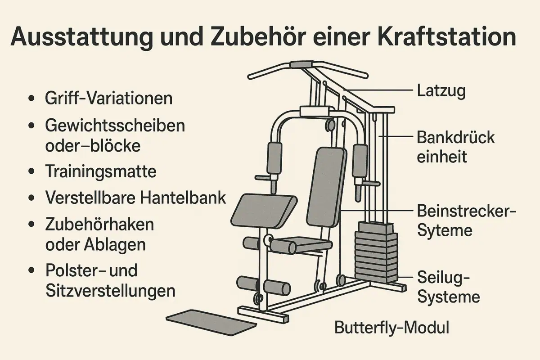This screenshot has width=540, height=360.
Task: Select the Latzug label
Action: [441, 91]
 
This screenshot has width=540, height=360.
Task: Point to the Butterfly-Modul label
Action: [391, 328]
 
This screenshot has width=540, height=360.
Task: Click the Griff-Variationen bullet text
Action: [108, 98]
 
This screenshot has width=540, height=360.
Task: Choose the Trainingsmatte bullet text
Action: [101, 171]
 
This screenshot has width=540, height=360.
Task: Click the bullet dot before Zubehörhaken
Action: [31, 224]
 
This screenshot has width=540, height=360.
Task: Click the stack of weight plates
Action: [376, 252]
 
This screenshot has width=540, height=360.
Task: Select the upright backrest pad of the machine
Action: [327, 187]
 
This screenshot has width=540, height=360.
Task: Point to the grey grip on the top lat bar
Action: [303, 64]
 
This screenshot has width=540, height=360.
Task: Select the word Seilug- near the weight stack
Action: [444, 277]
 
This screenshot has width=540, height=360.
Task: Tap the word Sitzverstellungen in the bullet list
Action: [110, 291]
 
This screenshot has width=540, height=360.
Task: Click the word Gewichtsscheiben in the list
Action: [115, 125]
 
